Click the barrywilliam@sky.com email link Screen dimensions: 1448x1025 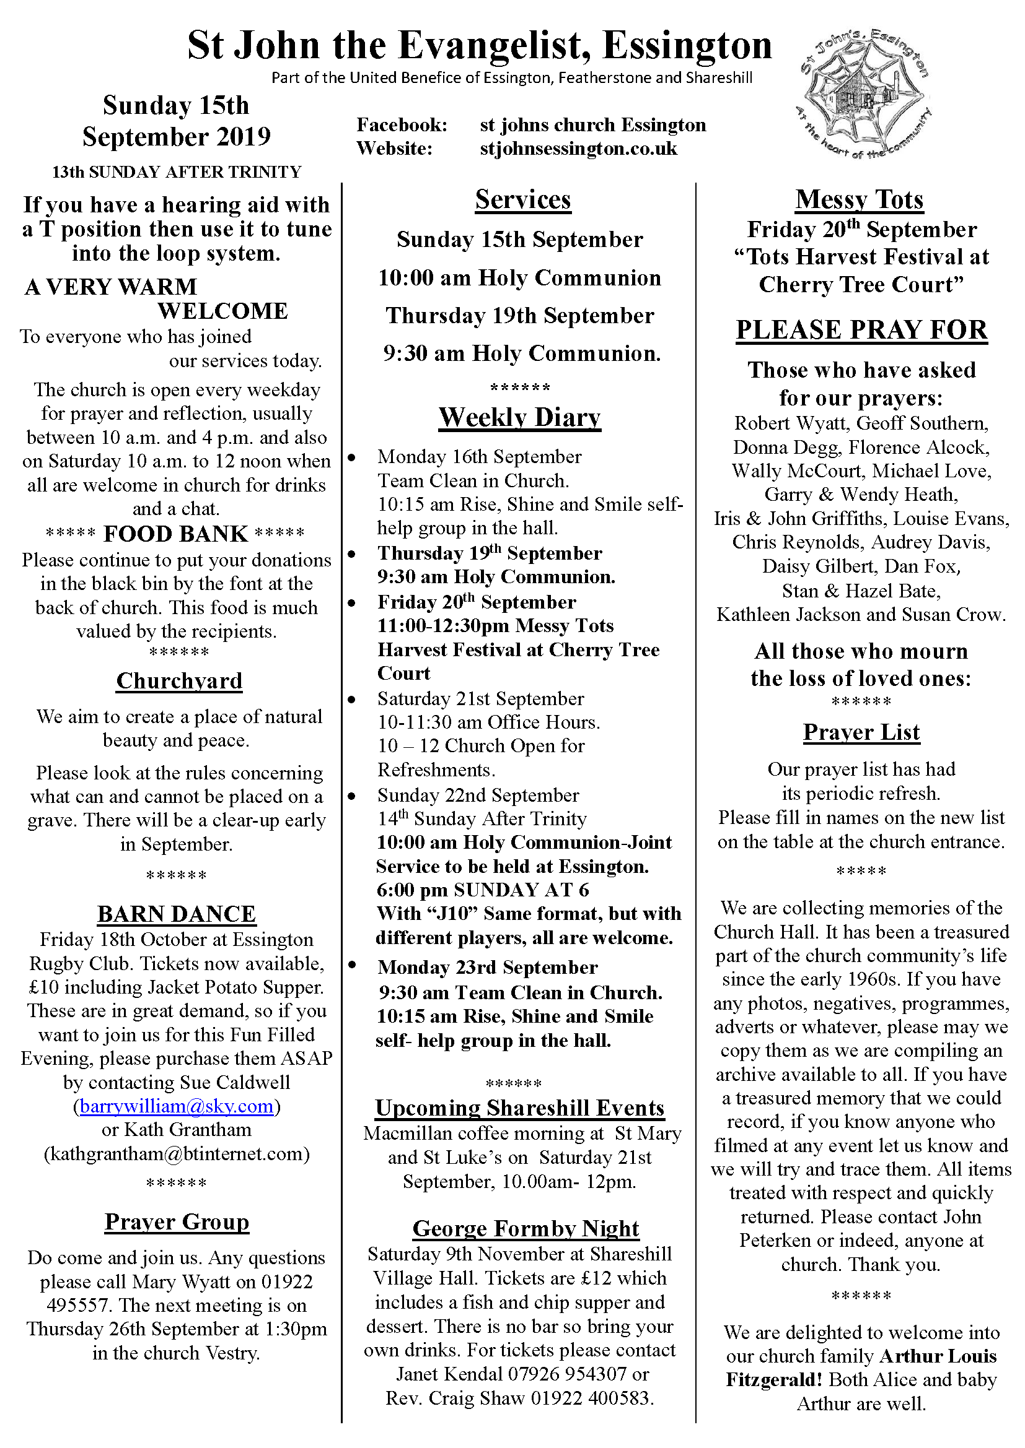(177, 1106)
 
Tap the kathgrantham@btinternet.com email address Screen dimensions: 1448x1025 (177, 1153)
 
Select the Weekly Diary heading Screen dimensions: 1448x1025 (519, 417)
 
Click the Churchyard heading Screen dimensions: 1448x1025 (179, 680)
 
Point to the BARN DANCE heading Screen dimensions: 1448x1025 (177, 914)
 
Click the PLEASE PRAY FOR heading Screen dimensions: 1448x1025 (861, 330)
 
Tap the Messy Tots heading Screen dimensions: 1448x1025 (859, 199)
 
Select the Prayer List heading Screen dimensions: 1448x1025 (861, 732)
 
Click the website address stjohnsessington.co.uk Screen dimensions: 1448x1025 (578, 149)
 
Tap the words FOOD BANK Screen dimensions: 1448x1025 (175, 534)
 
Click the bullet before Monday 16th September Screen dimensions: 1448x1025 (351, 457)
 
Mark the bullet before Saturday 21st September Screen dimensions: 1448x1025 (351, 700)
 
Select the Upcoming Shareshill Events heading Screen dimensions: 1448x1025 (519, 1108)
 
